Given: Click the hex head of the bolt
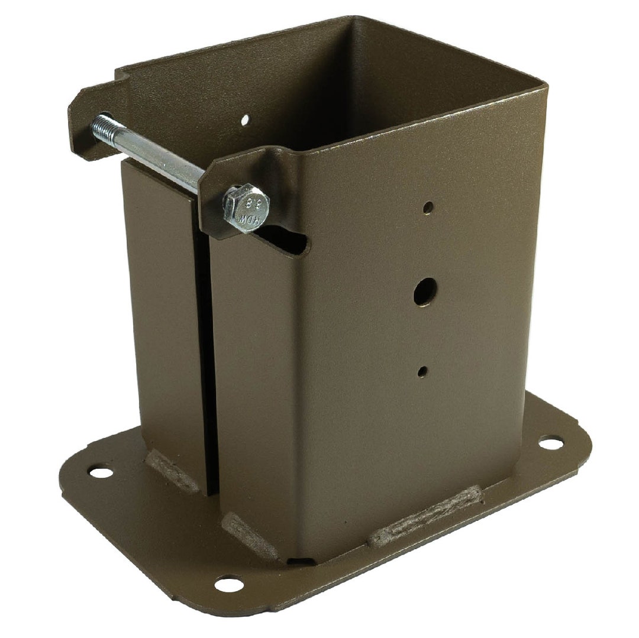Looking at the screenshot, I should pyautogui.click(x=247, y=208).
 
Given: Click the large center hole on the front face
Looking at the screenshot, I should pyautogui.click(x=424, y=292).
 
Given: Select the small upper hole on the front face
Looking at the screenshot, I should pyautogui.click(x=428, y=208).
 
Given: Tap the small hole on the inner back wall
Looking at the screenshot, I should pyautogui.click(x=245, y=120).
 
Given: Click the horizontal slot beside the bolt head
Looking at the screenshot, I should pyautogui.click(x=290, y=240).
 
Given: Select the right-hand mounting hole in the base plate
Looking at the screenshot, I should pyautogui.click(x=550, y=441).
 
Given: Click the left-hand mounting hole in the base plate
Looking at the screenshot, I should pyautogui.click(x=101, y=472).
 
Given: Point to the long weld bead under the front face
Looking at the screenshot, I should pyautogui.click(x=425, y=516).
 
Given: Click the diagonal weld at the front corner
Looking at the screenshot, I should pyautogui.click(x=248, y=536).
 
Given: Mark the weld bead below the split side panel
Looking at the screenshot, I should pyautogui.click(x=172, y=471).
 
